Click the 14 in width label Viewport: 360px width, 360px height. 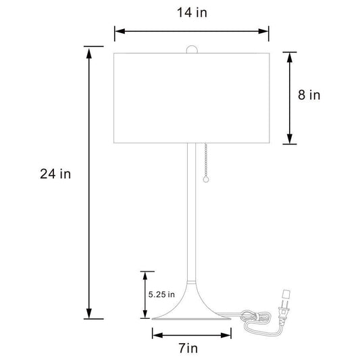(x=192, y=13)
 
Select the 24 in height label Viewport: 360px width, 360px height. (x=55, y=174)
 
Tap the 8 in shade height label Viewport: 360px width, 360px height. (x=309, y=95)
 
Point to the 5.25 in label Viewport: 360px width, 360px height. (x=161, y=294)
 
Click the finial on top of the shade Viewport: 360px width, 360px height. (x=192, y=49)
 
